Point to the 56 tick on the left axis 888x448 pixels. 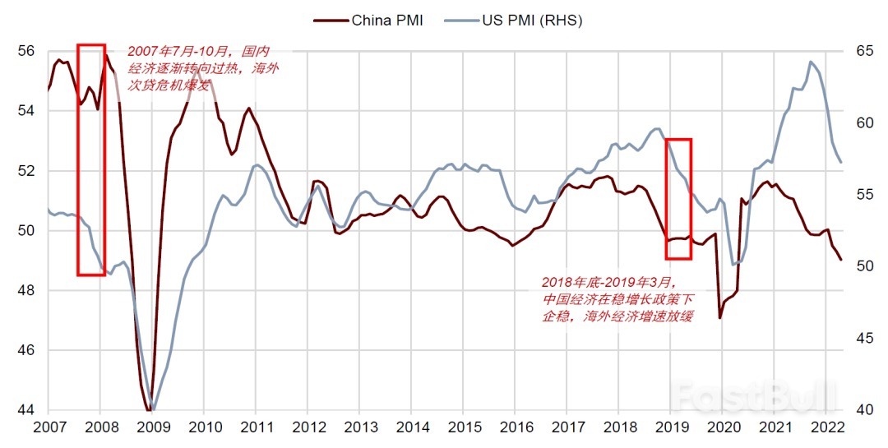tap(25, 51)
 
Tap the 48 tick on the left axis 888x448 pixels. tap(25, 291)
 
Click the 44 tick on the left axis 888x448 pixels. tap(25, 410)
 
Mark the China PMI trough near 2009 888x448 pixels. tap(149, 409)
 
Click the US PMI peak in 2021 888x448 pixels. tap(811, 62)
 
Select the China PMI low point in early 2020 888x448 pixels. tap(720, 318)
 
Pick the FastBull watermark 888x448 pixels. tap(752, 398)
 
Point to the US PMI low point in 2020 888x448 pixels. tap(733, 264)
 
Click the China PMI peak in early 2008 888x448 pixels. tap(104, 56)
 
